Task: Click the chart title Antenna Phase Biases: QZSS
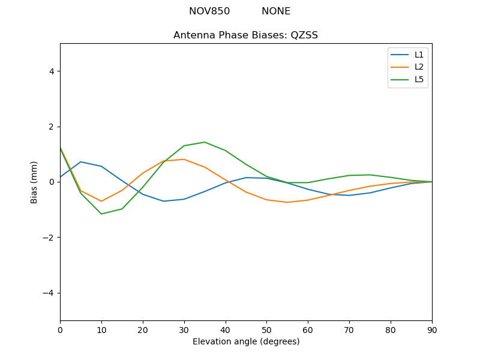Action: pos(245,35)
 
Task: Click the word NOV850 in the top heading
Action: pos(209,11)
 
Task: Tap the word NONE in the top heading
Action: pos(276,11)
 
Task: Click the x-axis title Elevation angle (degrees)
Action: pos(245,341)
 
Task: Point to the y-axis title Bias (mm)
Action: pos(34,182)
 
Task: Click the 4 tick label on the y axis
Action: pos(51,71)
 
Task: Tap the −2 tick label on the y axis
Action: pos(49,238)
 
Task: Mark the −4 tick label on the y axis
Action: pos(49,293)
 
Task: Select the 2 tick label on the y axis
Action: pos(51,127)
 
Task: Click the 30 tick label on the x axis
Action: pos(184,329)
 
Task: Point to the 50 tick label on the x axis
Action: pos(266,329)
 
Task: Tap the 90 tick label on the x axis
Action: pos(432,329)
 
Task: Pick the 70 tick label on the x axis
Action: pos(349,329)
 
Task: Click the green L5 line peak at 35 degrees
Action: pos(205,142)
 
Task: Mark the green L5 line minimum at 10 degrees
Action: pos(101,214)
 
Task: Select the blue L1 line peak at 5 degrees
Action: pos(80,162)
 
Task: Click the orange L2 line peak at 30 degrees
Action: pos(184,159)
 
